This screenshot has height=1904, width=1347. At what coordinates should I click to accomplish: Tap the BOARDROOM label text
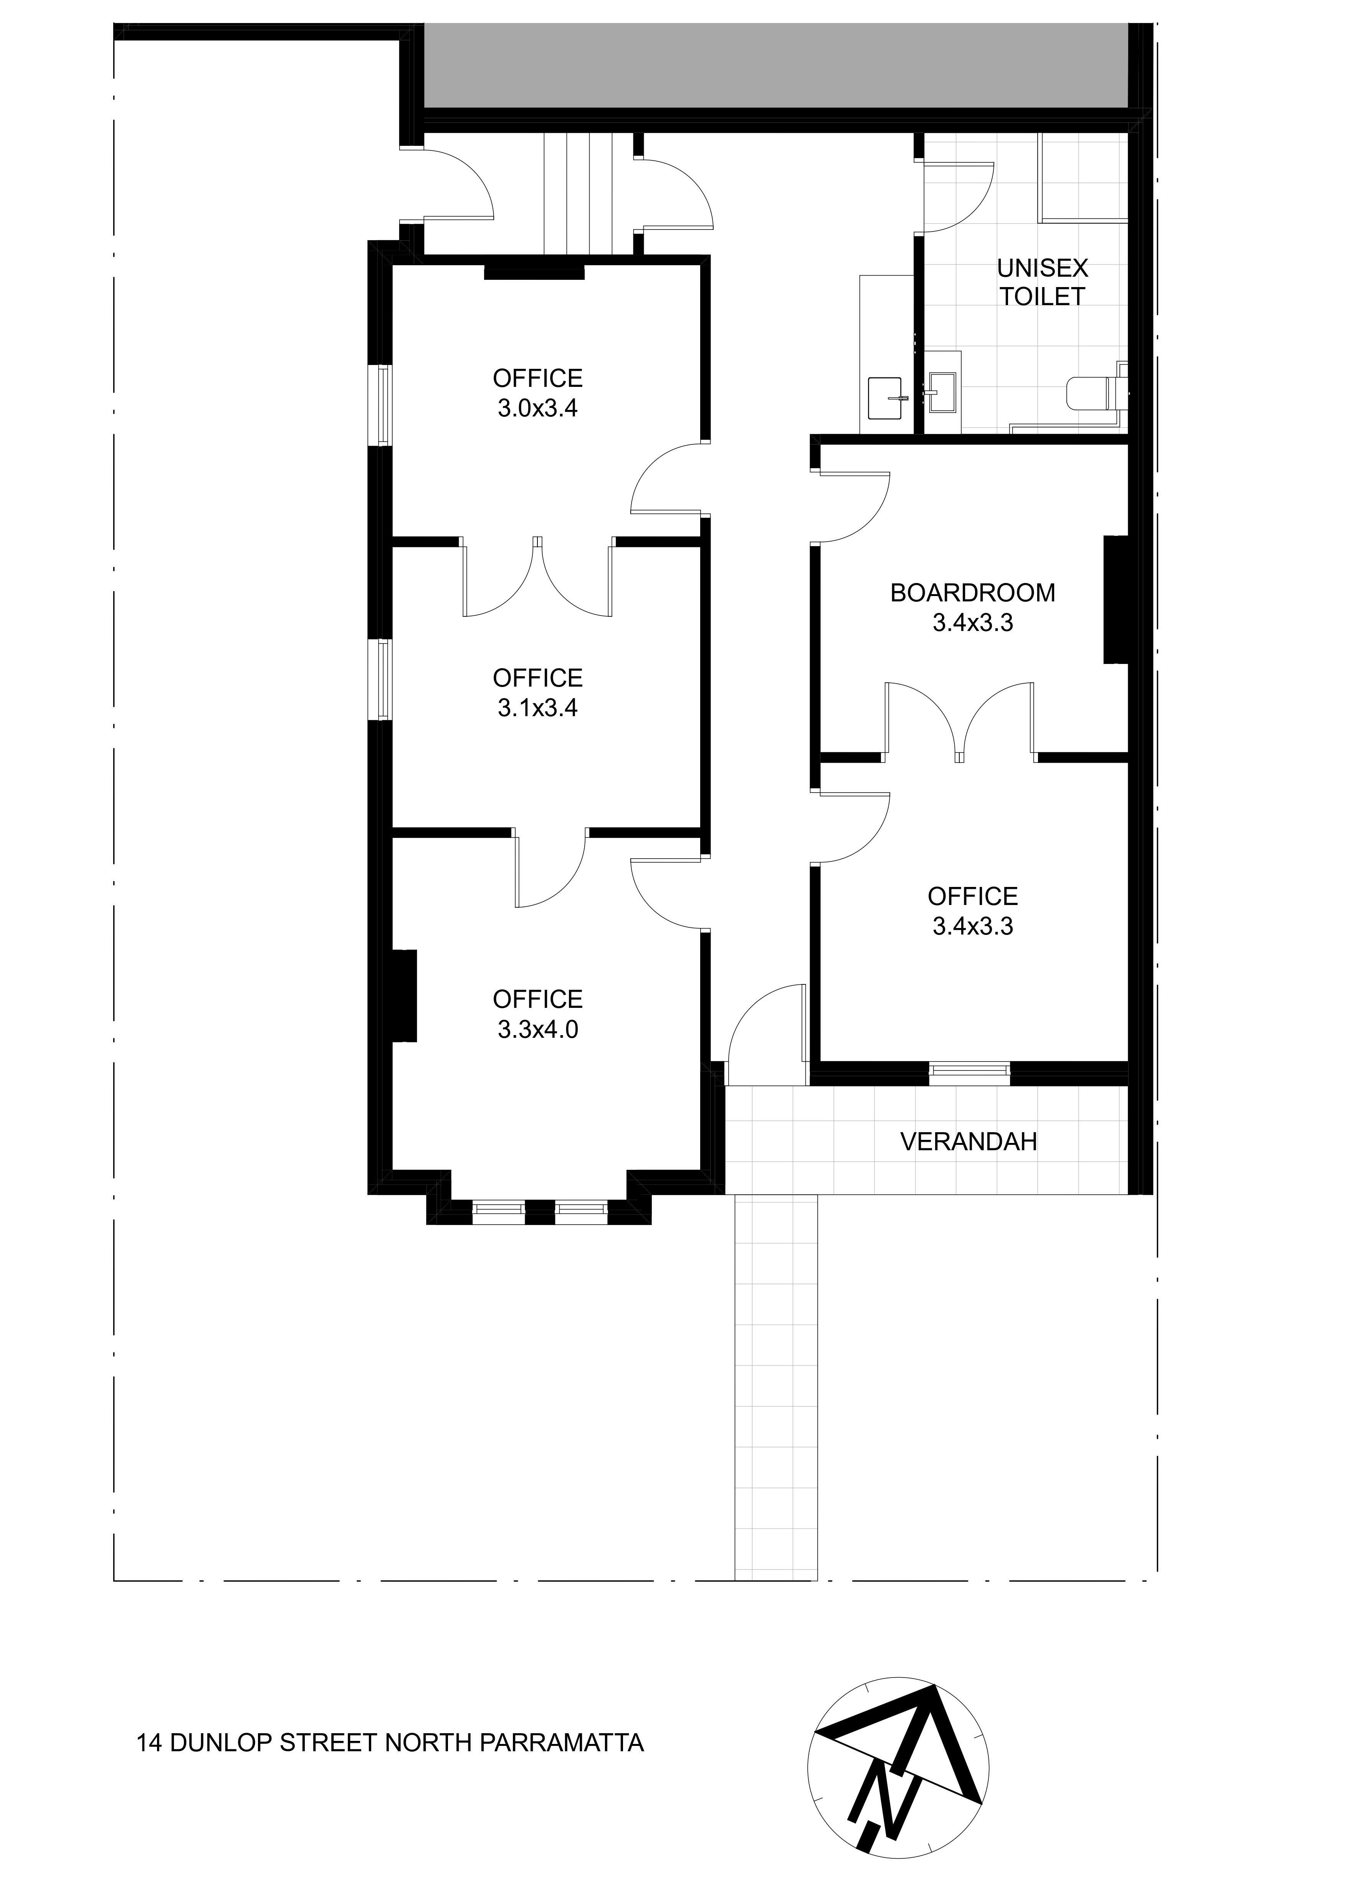(973, 593)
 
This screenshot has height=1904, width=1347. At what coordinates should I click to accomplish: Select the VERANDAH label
(969, 1142)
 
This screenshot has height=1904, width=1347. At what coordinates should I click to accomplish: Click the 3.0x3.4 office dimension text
(537, 408)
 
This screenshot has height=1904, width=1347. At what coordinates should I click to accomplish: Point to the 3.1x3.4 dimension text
(537, 707)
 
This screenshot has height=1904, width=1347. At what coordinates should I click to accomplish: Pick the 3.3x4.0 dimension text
(537, 1029)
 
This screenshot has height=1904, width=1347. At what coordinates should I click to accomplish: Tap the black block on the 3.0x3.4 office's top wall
(534, 272)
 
